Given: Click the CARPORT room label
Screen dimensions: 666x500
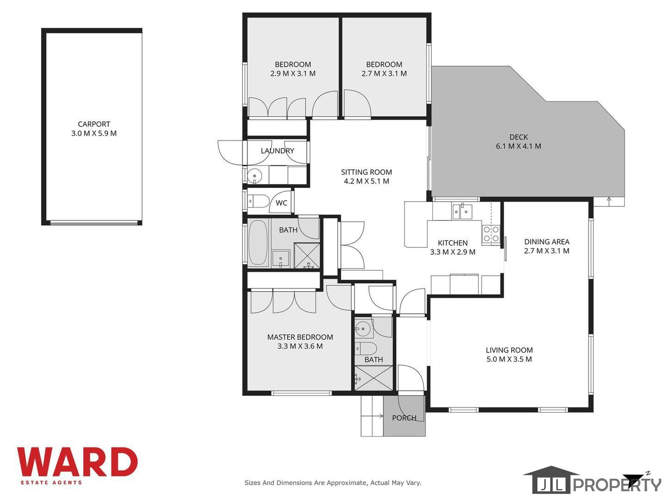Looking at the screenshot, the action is (x=94, y=124).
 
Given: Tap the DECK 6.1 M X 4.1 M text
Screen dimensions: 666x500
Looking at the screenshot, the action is (x=518, y=142).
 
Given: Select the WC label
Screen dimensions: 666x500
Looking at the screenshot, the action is (x=281, y=203).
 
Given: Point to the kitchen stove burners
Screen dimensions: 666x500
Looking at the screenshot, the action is (x=491, y=234).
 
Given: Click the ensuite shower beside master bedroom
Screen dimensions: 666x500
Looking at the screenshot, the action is (x=374, y=378).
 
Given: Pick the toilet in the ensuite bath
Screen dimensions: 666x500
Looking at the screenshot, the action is (x=366, y=349).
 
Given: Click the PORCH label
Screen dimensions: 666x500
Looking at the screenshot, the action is (x=404, y=418).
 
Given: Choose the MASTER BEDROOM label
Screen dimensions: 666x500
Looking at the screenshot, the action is (x=300, y=337).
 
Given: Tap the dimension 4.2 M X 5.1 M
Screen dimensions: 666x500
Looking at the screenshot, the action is (x=366, y=181).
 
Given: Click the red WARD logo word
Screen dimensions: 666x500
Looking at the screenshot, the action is (x=77, y=462).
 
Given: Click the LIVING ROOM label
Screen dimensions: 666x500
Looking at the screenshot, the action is (x=509, y=350).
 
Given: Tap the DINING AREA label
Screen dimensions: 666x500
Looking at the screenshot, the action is (x=547, y=242).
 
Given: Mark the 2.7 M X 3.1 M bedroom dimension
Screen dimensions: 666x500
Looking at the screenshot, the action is (x=384, y=74).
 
